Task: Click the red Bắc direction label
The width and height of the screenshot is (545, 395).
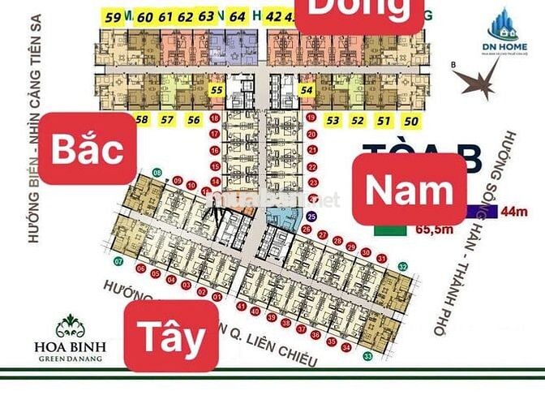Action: tap(88, 149)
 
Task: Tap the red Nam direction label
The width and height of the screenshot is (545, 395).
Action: tap(409, 190)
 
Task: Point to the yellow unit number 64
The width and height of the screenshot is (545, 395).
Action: tap(237, 16)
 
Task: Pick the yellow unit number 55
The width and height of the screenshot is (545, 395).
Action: tap(216, 92)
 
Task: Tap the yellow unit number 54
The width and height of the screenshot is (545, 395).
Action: tap(306, 92)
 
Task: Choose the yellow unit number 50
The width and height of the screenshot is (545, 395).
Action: tap(410, 121)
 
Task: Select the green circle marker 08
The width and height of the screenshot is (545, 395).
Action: tap(157, 172)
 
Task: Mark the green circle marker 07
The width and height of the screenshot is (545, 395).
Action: tap(118, 262)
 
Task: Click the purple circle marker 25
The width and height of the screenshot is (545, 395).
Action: tap(312, 217)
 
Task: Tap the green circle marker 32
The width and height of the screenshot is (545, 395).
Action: tap(402, 266)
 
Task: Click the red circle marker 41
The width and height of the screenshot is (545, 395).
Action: tap(242, 307)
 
